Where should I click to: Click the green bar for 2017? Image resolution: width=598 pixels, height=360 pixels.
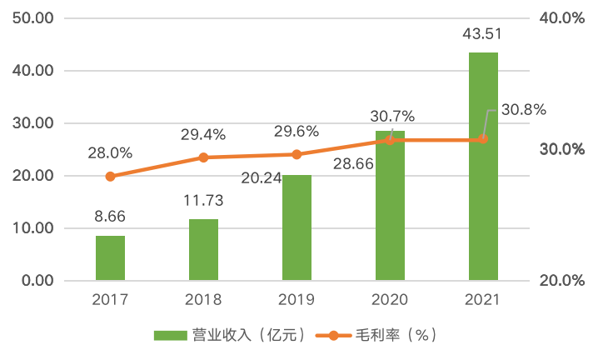110,258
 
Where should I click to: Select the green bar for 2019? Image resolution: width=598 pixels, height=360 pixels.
297,227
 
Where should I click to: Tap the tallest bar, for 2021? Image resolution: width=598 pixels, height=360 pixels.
483,167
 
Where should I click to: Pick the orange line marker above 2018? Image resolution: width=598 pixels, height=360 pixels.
203,157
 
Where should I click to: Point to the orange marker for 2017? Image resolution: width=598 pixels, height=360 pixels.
110,176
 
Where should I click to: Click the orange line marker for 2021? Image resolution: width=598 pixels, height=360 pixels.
483,139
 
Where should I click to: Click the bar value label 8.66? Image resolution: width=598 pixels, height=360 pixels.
110,217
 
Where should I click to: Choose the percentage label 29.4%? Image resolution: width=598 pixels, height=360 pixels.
203,133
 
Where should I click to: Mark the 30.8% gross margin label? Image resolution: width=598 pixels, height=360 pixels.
524,109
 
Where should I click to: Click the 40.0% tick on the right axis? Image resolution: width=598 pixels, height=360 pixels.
562,18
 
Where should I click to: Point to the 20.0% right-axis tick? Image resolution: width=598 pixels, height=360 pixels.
562,281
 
